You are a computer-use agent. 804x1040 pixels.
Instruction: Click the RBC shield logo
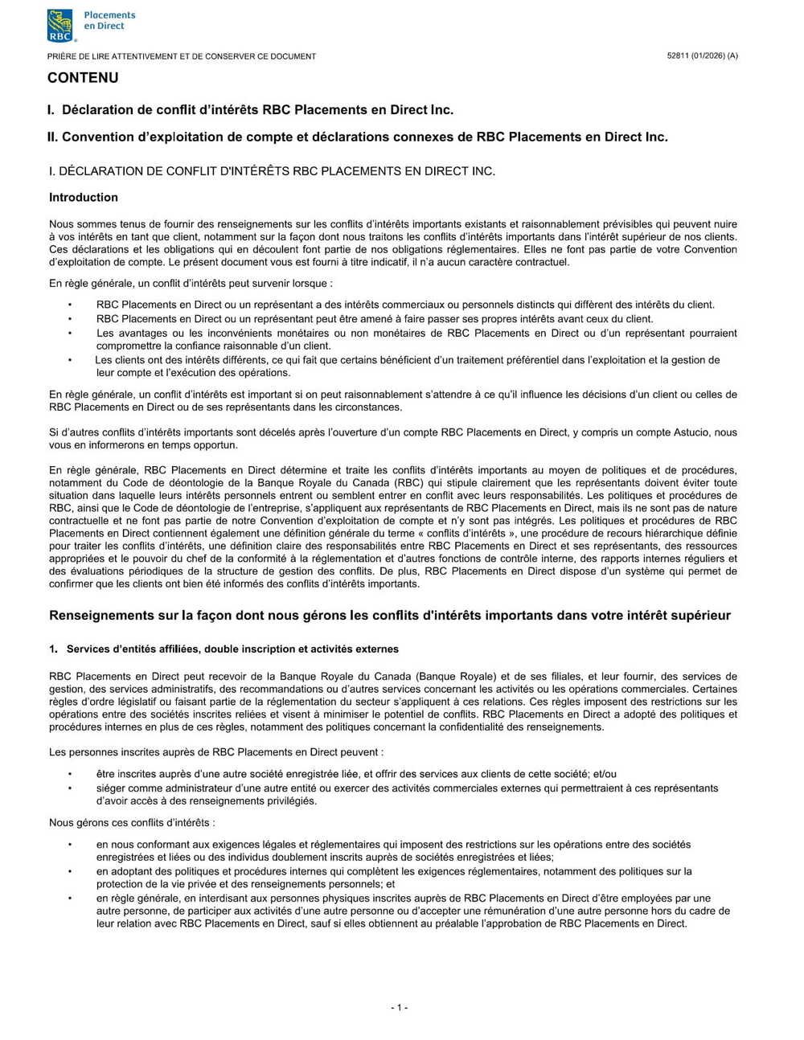tap(60, 25)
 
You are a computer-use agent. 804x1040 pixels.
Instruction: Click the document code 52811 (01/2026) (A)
tap(702, 55)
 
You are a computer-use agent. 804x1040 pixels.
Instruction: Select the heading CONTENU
tap(83, 78)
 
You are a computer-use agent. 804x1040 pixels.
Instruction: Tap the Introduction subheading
tap(84, 198)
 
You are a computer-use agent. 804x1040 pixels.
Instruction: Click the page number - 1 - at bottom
tap(400, 1007)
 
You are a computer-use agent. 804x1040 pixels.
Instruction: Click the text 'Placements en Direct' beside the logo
tap(109, 20)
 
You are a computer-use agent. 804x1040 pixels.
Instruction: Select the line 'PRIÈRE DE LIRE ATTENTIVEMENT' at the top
tap(182, 56)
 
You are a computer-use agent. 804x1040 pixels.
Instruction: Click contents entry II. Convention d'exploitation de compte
tap(357, 137)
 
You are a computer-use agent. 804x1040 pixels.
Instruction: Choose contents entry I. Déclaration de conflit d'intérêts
tap(250, 109)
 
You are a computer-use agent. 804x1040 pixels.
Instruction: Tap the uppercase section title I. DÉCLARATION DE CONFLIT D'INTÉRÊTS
tap(272, 171)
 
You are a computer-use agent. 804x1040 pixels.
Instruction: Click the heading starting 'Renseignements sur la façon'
tap(390, 616)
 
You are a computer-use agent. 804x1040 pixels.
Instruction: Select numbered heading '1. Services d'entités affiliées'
tap(224, 649)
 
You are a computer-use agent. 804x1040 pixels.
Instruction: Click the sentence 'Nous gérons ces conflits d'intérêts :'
tap(132, 823)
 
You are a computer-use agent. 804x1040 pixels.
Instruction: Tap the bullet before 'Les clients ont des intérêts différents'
tap(70, 360)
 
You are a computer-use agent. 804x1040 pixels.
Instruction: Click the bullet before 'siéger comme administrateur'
tap(70, 788)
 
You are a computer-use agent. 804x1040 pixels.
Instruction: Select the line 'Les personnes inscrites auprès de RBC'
tap(216, 752)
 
